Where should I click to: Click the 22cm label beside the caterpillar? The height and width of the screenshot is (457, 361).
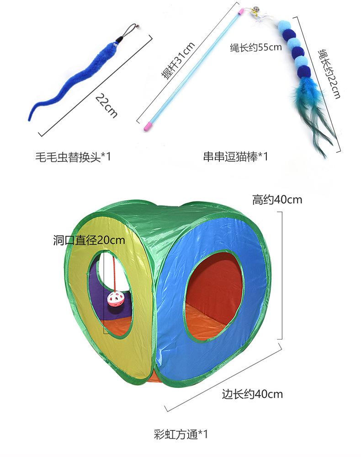pyautogui.click(x=106, y=105)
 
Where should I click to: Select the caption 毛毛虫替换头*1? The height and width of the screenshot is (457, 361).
pyautogui.click(x=73, y=157)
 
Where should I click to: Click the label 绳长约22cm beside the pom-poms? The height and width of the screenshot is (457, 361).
pyautogui.click(x=329, y=73)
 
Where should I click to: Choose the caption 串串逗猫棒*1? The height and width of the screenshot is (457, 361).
pyautogui.click(x=236, y=157)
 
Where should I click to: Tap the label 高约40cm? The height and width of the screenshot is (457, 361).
pyautogui.click(x=277, y=200)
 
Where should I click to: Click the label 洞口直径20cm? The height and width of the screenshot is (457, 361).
pyautogui.click(x=89, y=240)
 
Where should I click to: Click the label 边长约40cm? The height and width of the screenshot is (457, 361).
pyautogui.click(x=252, y=394)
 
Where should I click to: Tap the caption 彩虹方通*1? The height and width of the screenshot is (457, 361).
pyautogui.click(x=181, y=433)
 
